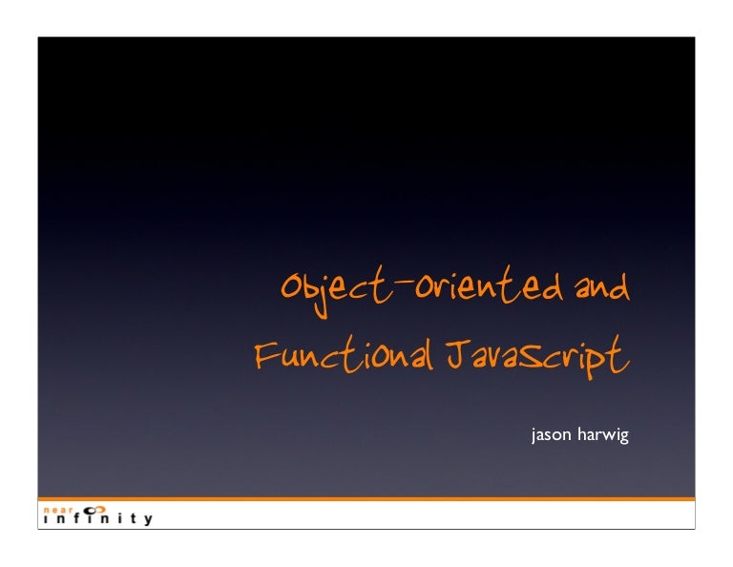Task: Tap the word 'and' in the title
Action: [x=600, y=287]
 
